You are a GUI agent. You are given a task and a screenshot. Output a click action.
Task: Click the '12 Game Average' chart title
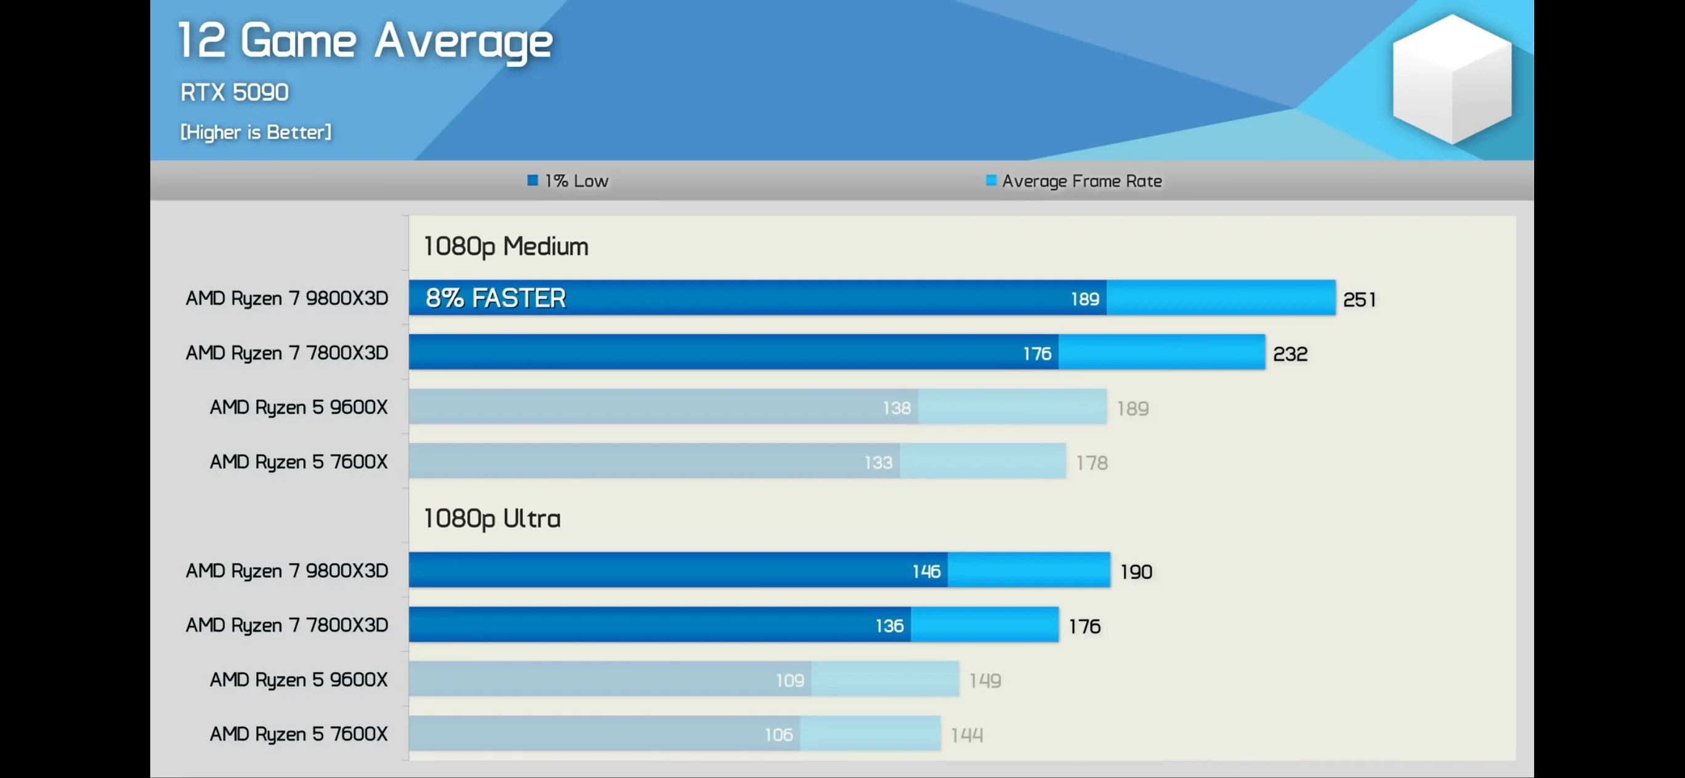point(365,41)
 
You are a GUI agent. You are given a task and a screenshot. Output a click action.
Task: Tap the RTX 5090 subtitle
point(234,92)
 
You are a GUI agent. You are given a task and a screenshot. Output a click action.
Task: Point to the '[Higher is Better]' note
point(256,132)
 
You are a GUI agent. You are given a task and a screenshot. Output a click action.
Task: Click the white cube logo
point(1452,78)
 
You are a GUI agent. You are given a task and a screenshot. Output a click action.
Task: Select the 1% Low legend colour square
point(533,180)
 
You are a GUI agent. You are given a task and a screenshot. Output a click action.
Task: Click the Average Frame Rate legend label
point(1082,181)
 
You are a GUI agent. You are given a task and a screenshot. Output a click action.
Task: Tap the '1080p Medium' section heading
point(506,246)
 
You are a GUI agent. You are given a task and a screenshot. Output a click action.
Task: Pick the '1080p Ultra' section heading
point(492,518)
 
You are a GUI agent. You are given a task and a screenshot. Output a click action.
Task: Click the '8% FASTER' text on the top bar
point(495,298)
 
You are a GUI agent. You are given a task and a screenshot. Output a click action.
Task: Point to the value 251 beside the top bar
point(1359,299)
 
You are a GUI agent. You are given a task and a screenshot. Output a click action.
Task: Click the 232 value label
point(1289,354)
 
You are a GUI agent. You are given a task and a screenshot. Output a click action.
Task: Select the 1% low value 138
point(896,408)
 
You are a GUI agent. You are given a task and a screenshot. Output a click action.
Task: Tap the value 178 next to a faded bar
point(1092,463)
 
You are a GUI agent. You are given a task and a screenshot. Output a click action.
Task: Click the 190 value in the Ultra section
point(1136,572)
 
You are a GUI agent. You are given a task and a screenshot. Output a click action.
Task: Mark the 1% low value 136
point(889,627)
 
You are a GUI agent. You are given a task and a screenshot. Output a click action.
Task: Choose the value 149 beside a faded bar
point(984,681)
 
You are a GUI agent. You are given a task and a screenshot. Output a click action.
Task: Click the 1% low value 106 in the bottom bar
point(778,735)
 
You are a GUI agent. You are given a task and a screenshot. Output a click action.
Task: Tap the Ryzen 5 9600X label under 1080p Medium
point(298,407)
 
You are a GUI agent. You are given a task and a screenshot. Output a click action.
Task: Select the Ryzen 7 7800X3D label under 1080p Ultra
point(286,625)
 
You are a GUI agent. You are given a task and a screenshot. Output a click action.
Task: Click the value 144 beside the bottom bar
point(966,736)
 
